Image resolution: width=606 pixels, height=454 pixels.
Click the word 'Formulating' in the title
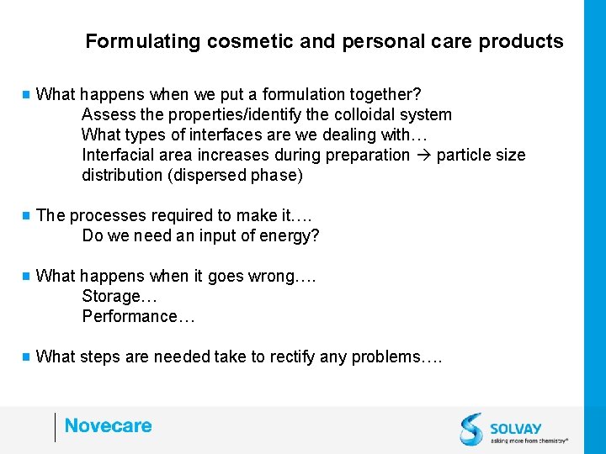130,41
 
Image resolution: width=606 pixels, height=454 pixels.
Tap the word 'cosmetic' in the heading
237,41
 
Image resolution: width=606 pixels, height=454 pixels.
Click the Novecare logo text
108,425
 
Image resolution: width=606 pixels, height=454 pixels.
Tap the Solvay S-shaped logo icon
471,429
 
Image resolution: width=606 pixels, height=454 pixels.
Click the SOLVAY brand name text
516,427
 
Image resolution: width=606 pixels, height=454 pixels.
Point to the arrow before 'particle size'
423,155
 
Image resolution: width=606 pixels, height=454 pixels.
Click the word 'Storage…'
120,296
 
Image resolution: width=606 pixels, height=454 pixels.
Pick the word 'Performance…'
139,316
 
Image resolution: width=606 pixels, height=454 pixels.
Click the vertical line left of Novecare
55,426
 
